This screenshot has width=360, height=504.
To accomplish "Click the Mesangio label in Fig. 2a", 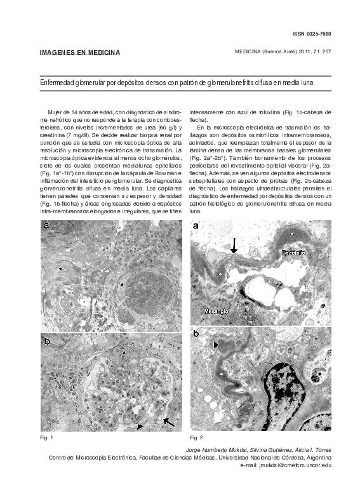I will coord(216,312).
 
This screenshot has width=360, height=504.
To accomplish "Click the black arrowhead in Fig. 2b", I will coord(215,345).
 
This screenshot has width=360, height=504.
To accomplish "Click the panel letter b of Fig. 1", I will coord(46,341).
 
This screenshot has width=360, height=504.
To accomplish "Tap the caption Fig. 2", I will coord(196,438).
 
